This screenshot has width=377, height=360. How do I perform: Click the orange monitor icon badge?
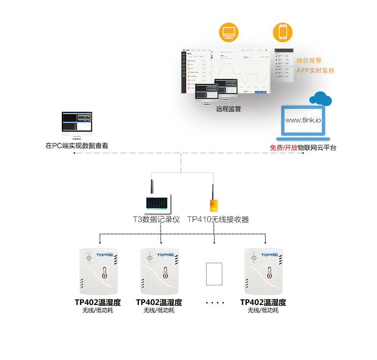pyautogui.click(x=229, y=32)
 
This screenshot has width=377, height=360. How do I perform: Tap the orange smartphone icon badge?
pyautogui.click(x=283, y=32)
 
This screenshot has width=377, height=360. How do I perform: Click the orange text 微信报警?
pyautogui.click(x=309, y=61)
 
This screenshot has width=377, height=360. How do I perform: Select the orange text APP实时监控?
pyautogui.click(x=315, y=71)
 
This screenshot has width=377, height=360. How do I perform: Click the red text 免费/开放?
pyautogui.click(x=284, y=147)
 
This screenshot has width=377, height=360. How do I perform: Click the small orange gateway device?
pyautogui.click(x=214, y=205)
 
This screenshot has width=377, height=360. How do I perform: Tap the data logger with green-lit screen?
pyautogui.click(x=158, y=203)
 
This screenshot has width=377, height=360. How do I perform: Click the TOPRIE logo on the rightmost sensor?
pyautogui.click(x=269, y=255)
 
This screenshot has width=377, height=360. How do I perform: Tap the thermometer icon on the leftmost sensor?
pyautogui.click(x=104, y=273)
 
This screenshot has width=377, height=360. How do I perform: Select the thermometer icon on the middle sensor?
pyautogui.click(x=165, y=273)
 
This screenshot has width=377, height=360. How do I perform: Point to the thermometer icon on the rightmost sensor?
pyautogui.click(x=269, y=273)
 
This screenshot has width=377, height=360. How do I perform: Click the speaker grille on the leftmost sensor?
pyautogui.click(x=89, y=257)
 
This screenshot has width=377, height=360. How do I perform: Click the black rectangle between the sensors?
pyautogui.click(x=214, y=274)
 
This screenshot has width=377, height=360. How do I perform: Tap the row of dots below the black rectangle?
pyautogui.click(x=214, y=303)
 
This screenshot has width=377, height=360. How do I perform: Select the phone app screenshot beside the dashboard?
pyautogui.click(x=283, y=66)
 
